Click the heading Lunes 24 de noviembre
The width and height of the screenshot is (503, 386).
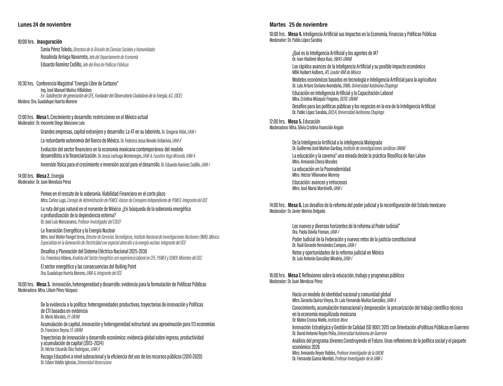tap(45, 25)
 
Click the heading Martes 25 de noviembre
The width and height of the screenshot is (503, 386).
tap(298, 25)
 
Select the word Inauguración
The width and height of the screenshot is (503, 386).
tap(50, 42)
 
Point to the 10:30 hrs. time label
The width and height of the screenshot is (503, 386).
tap(26, 83)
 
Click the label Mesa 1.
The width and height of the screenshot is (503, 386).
tap(43, 117)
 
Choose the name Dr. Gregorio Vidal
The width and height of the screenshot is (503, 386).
tap(174, 132)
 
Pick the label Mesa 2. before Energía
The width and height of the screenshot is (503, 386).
tap(43, 176)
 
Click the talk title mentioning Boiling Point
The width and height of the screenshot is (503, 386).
tap(88, 267)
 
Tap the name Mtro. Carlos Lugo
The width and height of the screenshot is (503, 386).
tap(53, 201)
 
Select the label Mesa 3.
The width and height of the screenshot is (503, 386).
tap(43, 284)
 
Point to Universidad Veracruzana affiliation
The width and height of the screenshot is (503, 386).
tap(94, 362)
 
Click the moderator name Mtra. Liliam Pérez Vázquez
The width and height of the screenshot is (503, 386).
tap(58, 290)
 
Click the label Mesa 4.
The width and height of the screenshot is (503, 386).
tap(295, 34)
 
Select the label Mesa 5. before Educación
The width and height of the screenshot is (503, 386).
tap(295, 122)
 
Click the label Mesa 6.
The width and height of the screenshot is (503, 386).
tap(295, 205)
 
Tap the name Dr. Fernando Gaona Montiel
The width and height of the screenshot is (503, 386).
tap(313, 359)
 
